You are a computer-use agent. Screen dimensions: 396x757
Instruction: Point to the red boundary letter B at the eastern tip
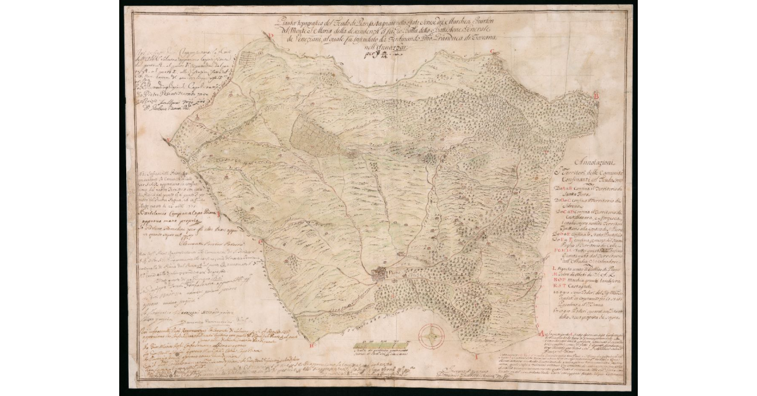pyautogui.click(x=595, y=95)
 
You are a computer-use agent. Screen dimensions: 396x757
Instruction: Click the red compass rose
pyautogui.click(x=431, y=336)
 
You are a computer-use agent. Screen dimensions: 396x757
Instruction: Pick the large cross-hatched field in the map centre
pyautogui.click(x=318, y=134)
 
